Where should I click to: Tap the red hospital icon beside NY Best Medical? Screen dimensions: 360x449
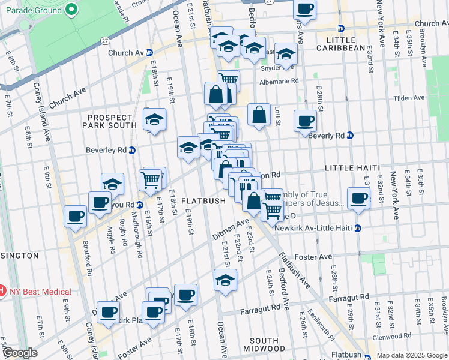[2, 292]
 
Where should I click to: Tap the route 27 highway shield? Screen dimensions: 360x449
[105, 41]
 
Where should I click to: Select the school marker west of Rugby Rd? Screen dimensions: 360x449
[112, 183]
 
